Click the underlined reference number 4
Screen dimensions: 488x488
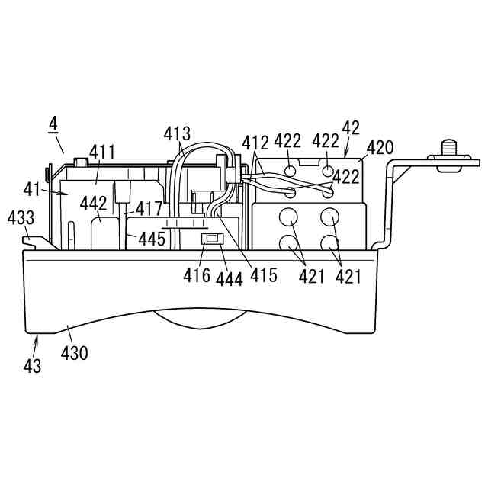tap(53, 123)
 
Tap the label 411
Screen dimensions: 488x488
tap(102, 152)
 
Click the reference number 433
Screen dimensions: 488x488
tap(21, 218)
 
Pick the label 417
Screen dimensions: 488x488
tap(149, 208)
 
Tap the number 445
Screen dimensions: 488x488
tap(152, 239)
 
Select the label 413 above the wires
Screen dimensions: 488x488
tap(177, 134)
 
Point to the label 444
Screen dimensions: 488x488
tap(229, 279)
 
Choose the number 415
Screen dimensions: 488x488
tap(263, 274)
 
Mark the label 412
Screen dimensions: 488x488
tap(256, 142)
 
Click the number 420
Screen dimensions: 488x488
tap(380, 147)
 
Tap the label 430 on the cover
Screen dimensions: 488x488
tap(74, 353)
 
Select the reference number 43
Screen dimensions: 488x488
tap(32, 365)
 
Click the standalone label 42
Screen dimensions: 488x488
tap(351, 127)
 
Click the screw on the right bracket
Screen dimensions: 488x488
tap(449, 148)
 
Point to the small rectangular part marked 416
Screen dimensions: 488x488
tap(211, 239)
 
